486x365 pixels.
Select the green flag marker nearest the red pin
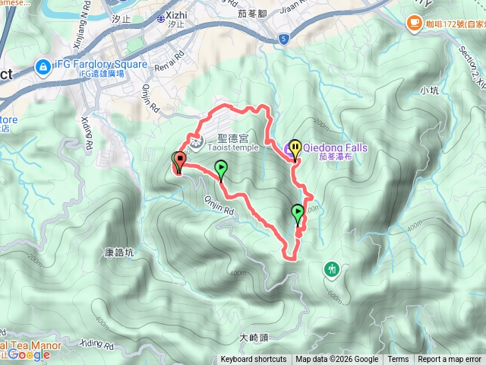[221, 169]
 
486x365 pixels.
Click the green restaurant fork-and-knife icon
[332, 268]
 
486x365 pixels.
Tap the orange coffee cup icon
[415, 23]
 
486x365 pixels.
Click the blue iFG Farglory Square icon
[44, 67]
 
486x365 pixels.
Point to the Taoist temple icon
[196, 140]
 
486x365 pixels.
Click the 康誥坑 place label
[118, 250]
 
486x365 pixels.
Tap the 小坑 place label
[429, 90]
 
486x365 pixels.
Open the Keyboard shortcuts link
[254, 360]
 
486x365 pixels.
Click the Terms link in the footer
[398, 360]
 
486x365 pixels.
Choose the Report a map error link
[449, 360]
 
